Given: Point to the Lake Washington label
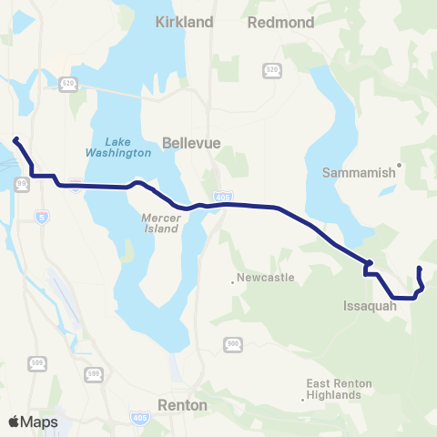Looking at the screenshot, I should click(x=127, y=147).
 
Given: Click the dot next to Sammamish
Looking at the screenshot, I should click(x=398, y=168).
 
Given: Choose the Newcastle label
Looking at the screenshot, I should click(x=265, y=277).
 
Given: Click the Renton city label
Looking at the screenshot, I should click(x=182, y=404).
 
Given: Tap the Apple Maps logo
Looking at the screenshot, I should click(x=33, y=422).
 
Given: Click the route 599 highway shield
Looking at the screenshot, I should click(x=94, y=373).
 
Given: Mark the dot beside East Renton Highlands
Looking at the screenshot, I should click(x=303, y=400).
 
